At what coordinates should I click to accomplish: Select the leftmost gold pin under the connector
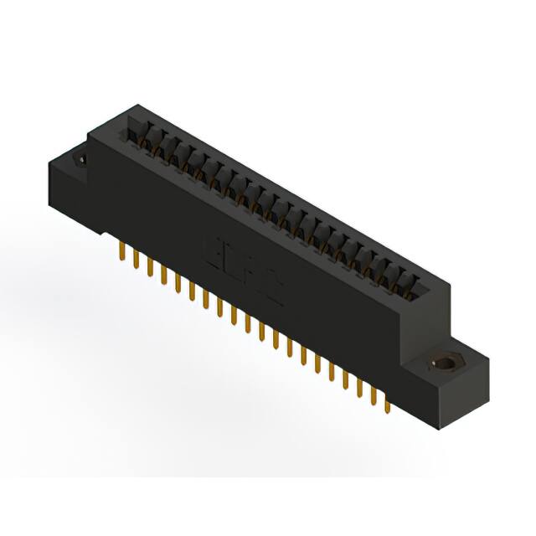coord(123,252)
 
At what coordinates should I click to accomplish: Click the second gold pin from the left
coord(137,259)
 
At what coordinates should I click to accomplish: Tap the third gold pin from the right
coord(360,386)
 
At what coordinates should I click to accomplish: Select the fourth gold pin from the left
coord(164,274)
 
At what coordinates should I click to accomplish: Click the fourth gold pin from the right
coord(346,379)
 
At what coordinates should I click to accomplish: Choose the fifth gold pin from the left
coord(178,282)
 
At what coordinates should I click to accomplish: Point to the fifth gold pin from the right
coord(332,371)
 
